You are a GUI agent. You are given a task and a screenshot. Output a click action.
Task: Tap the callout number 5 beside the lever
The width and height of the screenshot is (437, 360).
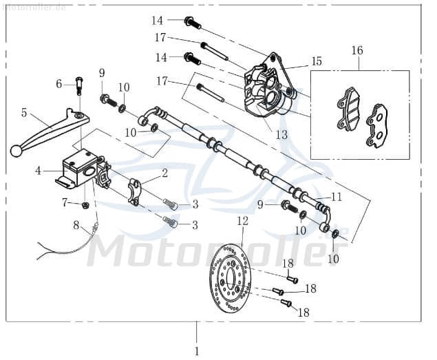pyautogui.click(x=24, y=112)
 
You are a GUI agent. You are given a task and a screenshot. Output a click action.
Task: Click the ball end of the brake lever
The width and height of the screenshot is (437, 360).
pyautogui.click(x=14, y=151)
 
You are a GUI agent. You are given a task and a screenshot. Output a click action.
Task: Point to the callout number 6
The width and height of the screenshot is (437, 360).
pyautogui.click(x=60, y=84)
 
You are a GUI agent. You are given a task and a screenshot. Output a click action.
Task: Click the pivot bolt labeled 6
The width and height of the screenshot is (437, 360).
pyautogui.click(x=79, y=86)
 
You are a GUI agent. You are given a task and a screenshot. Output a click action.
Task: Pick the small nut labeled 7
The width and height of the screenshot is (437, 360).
pyautogui.click(x=85, y=204)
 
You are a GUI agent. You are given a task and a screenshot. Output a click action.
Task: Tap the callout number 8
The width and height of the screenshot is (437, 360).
pyautogui.click(x=77, y=224)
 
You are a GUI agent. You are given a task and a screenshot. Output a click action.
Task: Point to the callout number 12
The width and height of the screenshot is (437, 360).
pyautogui.click(x=242, y=221)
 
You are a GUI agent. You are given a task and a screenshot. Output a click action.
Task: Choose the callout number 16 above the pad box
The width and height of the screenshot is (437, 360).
pyautogui.click(x=357, y=50)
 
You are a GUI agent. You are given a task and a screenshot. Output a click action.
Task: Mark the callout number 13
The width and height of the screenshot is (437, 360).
pyautogui.click(x=281, y=135)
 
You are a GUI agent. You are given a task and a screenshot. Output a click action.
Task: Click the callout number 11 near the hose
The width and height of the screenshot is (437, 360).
pyautogui.click(x=336, y=196)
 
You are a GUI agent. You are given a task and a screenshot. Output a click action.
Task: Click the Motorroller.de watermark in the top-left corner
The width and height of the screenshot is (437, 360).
pyautogui.click(x=34, y=6)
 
